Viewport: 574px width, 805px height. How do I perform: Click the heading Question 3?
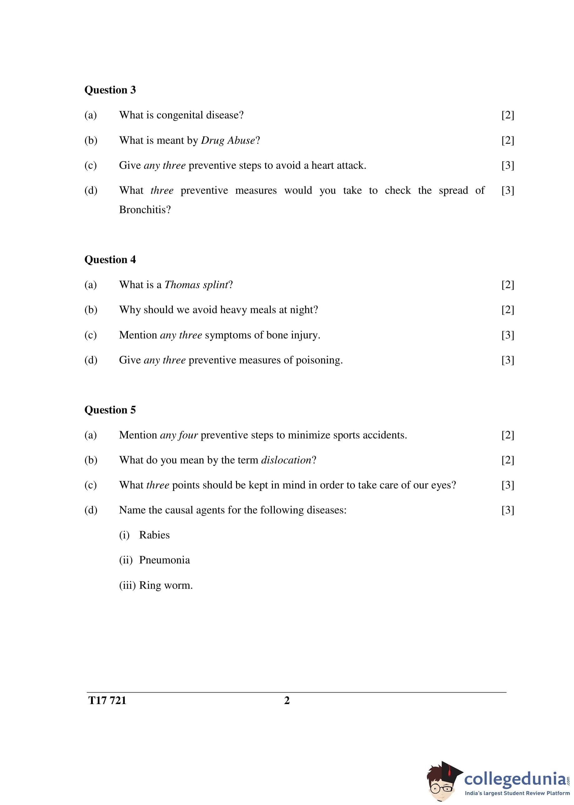pyautogui.click(x=110, y=90)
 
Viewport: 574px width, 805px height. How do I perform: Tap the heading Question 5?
pyautogui.click(x=110, y=410)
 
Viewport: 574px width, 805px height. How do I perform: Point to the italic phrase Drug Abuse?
pyautogui.click(x=228, y=141)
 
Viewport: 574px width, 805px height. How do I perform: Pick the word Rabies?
pyautogui.click(x=154, y=535)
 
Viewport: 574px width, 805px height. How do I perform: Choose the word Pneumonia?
pyautogui.click(x=164, y=560)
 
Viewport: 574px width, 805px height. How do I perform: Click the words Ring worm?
pyautogui.click(x=165, y=585)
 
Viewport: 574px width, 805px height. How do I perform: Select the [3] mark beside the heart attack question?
pyautogui.click(x=507, y=165)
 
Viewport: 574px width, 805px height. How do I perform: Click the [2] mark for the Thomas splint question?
pyautogui.click(x=507, y=285)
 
